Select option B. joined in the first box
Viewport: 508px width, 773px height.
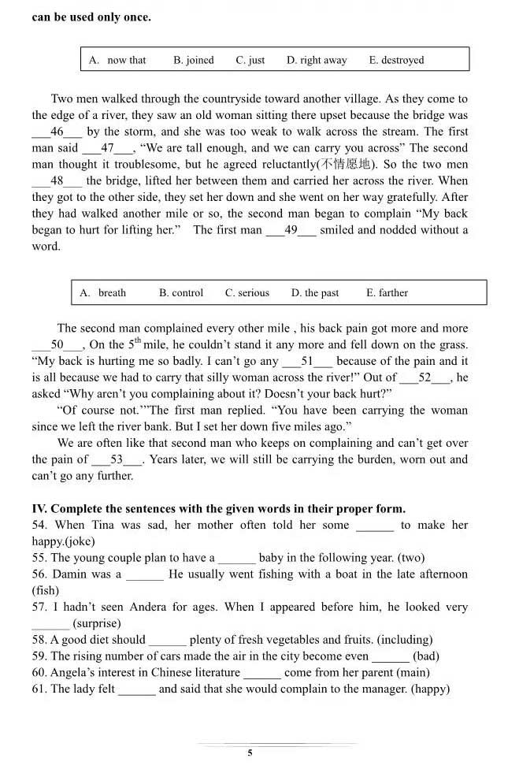click(x=194, y=60)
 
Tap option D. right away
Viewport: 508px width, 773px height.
click(x=317, y=60)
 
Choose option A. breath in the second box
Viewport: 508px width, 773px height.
click(x=103, y=292)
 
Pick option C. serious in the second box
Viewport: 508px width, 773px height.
click(x=247, y=292)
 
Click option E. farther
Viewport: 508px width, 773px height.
click(x=387, y=292)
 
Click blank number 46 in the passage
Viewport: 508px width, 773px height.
click(x=57, y=132)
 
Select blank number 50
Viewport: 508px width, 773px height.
click(x=57, y=344)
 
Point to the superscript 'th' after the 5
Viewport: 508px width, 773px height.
click(x=136, y=340)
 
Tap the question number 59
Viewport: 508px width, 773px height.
click(x=39, y=656)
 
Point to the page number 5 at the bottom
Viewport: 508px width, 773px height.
click(x=250, y=753)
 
